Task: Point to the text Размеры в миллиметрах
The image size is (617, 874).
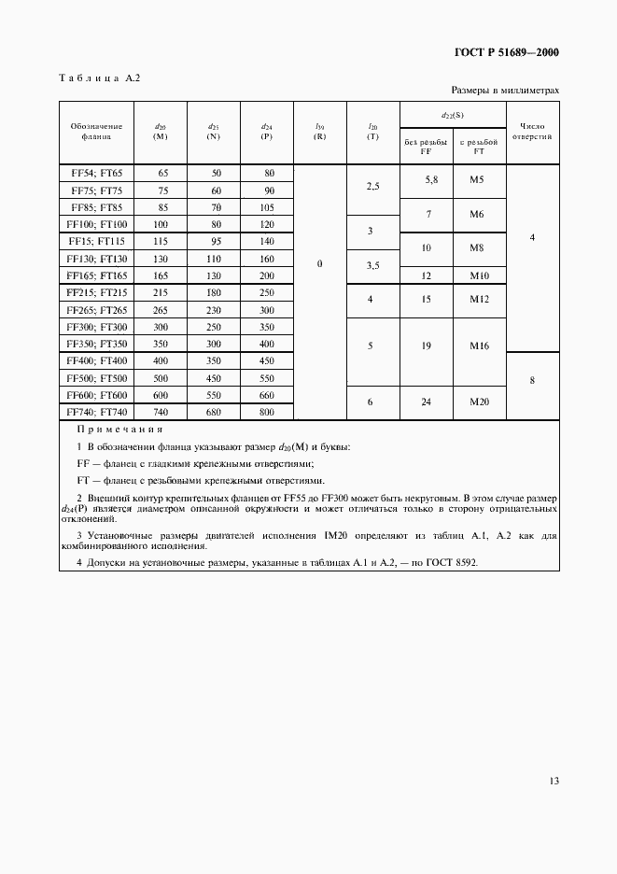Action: coord(505,91)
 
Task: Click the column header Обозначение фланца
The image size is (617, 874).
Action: coord(96,130)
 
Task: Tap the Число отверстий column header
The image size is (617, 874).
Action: coord(532,130)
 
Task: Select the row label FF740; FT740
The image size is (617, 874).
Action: coord(97,411)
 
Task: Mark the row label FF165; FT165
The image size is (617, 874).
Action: coord(97,275)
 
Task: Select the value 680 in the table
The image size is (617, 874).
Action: coord(216,411)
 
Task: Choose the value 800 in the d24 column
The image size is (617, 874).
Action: coord(267,411)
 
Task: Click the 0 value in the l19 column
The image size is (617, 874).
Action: coord(319,264)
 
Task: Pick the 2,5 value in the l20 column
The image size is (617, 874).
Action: coord(372,187)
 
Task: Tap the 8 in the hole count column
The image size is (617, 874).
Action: coord(531,381)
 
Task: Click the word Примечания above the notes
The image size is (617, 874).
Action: coord(119,430)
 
